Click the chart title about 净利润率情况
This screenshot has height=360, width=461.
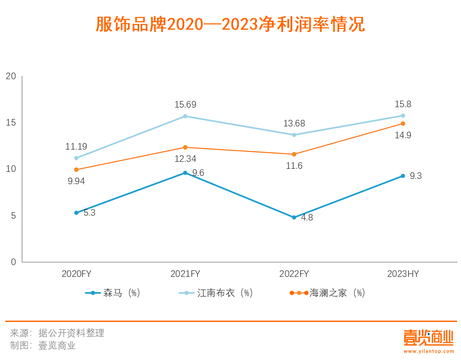point(230,24)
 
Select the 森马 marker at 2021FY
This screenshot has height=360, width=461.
point(185,173)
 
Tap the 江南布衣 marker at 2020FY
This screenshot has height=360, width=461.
point(76,158)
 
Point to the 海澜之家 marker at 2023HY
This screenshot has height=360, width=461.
point(403,123)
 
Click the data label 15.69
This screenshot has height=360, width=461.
point(185,105)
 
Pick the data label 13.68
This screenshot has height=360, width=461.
point(294,123)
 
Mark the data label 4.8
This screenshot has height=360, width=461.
point(307,217)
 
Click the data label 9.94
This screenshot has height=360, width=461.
point(76,182)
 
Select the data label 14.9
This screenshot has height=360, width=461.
point(403,135)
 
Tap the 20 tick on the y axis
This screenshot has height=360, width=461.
point(11,76)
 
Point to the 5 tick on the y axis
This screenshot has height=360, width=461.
point(14,216)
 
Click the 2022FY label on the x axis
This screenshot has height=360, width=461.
point(294,274)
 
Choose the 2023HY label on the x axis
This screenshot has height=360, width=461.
point(403,274)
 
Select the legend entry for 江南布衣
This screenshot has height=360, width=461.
point(217,293)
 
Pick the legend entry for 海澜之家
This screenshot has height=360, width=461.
point(327,293)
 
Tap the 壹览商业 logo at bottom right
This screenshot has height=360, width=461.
point(428,338)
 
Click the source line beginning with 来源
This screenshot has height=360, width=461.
point(57,333)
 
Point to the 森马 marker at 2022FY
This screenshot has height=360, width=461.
point(294,217)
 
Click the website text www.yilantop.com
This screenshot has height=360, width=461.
point(429,351)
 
